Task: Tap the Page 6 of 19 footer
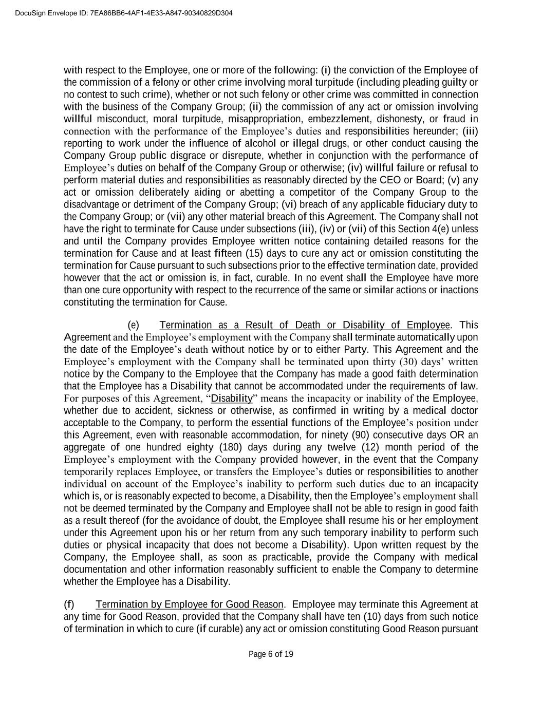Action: point(271,654)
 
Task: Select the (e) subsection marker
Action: point(133,325)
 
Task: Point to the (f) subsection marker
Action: point(69,604)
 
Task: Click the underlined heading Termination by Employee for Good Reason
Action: point(189,604)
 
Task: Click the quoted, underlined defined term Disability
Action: point(232,399)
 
